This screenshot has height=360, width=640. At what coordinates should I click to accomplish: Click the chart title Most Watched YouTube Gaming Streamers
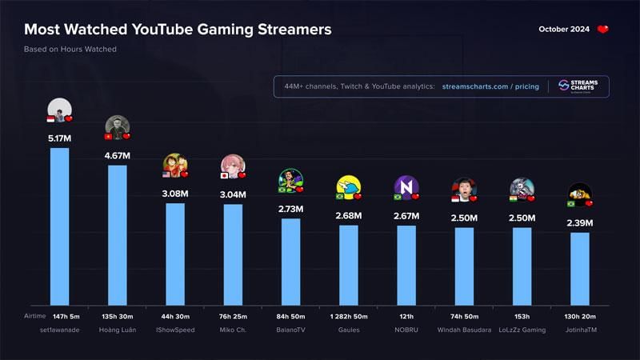(x=177, y=30)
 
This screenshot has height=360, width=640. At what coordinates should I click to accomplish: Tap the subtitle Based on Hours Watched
(x=70, y=50)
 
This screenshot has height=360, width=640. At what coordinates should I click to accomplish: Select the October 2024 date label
(x=563, y=30)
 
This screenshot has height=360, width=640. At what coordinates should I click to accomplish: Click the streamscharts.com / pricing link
(x=490, y=86)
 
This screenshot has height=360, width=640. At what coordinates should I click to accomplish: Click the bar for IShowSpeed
(x=175, y=253)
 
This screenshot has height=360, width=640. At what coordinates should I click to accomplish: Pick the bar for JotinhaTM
(x=579, y=268)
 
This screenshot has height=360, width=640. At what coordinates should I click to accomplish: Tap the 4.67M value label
(x=118, y=155)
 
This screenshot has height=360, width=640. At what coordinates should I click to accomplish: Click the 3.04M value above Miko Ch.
(x=233, y=194)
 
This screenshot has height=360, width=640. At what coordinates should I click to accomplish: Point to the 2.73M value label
(x=290, y=208)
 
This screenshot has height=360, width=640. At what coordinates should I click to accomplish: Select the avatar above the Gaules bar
(x=348, y=186)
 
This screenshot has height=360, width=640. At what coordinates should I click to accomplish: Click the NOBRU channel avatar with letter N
(x=406, y=186)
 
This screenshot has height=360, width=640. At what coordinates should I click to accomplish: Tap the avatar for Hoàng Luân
(x=118, y=126)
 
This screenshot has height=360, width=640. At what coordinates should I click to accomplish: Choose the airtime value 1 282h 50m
(x=348, y=317)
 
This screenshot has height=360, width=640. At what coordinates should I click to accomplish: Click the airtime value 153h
(x=522, y=317)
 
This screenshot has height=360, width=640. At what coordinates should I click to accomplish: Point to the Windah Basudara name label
(x=464, y=329)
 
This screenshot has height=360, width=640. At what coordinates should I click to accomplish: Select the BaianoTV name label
(x=290, y=329)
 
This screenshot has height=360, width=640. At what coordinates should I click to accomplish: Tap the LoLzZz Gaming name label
(x=522, y=329)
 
